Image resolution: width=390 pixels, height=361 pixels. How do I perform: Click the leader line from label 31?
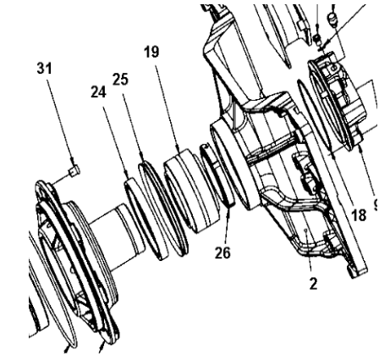62,119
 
